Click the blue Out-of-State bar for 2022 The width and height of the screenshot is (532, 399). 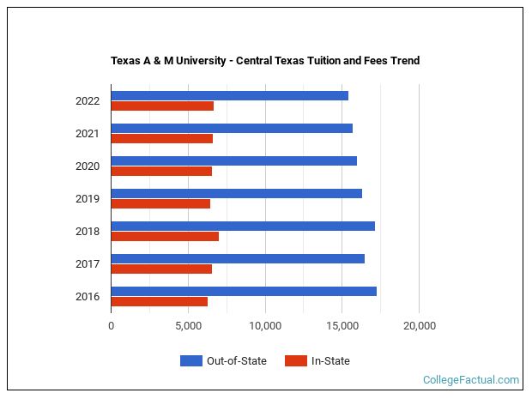(229, 95)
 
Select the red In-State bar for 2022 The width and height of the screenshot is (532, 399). (162, 106)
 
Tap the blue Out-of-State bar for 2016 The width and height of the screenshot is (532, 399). (244, 291)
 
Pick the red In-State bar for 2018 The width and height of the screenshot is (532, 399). (165, 237)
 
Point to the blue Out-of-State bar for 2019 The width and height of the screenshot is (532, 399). (236, 193)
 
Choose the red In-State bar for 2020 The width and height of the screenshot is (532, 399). (161, 172)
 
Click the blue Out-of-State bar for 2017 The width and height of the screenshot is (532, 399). (238, 258)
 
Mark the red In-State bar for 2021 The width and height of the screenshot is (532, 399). (161, 139)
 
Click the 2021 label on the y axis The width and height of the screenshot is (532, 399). (88, 134)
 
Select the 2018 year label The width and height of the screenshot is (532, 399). (88, 232)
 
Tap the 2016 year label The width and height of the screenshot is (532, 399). (88, 297)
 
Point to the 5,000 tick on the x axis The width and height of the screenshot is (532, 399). (188, 326)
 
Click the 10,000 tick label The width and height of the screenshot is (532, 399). (265, 326)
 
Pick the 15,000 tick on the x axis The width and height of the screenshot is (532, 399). (342, 326)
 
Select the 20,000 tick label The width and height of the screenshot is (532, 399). (419, 326)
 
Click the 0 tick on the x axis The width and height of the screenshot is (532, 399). (112, 326)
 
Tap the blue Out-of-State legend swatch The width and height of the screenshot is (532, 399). (190, 361)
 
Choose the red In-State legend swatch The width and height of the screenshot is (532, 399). (295, 361)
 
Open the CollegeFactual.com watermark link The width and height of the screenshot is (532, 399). (471, 379)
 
